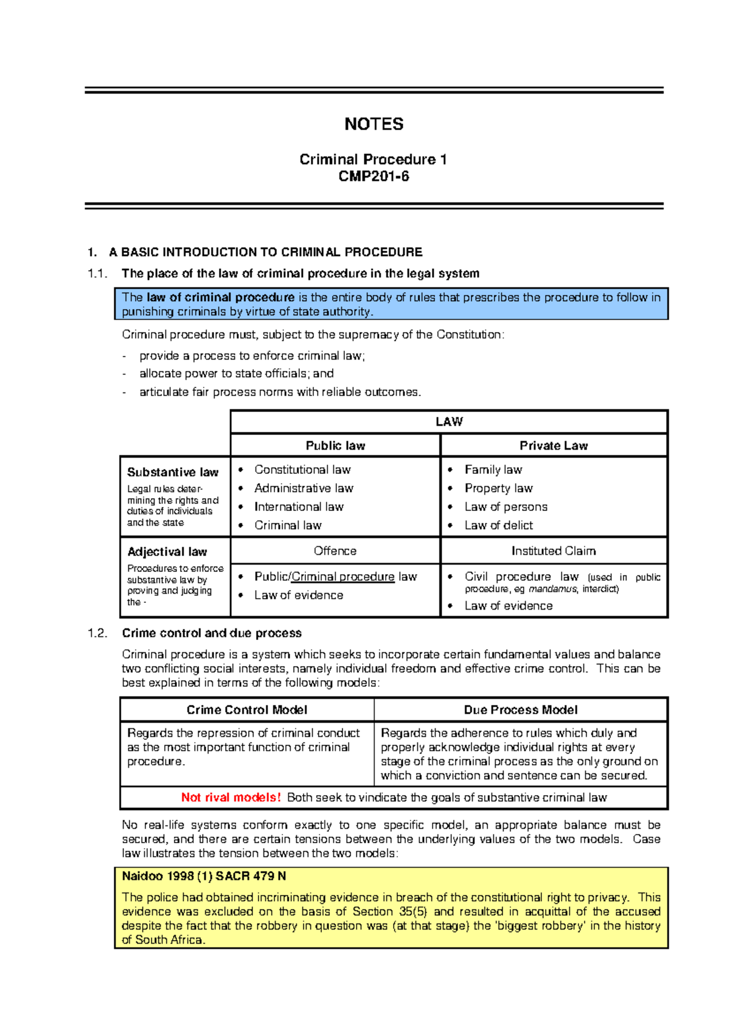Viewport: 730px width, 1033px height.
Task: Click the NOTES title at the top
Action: pyautogui.click(x=374, y=124)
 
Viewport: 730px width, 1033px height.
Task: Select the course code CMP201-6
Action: pyautogui.click(x=374, y=177)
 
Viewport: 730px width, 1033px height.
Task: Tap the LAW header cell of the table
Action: pyautogui.click(x=449, y=422)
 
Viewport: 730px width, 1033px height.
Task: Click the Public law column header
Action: pyautogui.click(x=335, y=445)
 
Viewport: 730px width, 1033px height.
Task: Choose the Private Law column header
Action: pyautogui.click(x=554, y=445)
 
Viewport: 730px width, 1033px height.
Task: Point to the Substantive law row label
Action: pyautogui.click(x=173, y=472)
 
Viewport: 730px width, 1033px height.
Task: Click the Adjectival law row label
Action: pyautogui.click(x=167, y=552)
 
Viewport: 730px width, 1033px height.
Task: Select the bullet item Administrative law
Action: pyautogui.click(x=304, y=488)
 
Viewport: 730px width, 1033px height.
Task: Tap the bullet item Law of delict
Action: pyautogui.click(x=498, y=525)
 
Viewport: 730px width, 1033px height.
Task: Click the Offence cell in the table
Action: pyautogui.click(x=335, y=551)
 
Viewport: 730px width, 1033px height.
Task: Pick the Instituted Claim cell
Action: pyautogui.click(x=554, y=551)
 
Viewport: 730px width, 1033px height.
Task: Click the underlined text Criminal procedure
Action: pyautogui.click(x=343, y=576)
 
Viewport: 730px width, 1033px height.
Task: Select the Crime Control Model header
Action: pyautogui.click(x=247, y=710)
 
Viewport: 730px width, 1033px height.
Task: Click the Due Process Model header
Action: pyautogui.click(x=521, y=710)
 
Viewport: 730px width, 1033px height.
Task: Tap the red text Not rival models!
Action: pyautogui.click(x=231, y=798)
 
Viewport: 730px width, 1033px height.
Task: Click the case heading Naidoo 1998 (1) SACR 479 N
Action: pyautogui.click(x=204, y=877)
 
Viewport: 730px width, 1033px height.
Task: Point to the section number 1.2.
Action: pyautogui.click(x=97, y=633)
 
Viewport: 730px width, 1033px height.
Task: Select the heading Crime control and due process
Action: pyautogui.click(x=212, y=633)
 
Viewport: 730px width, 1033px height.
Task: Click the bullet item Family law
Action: pyautogui.click(x=493, y=470)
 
